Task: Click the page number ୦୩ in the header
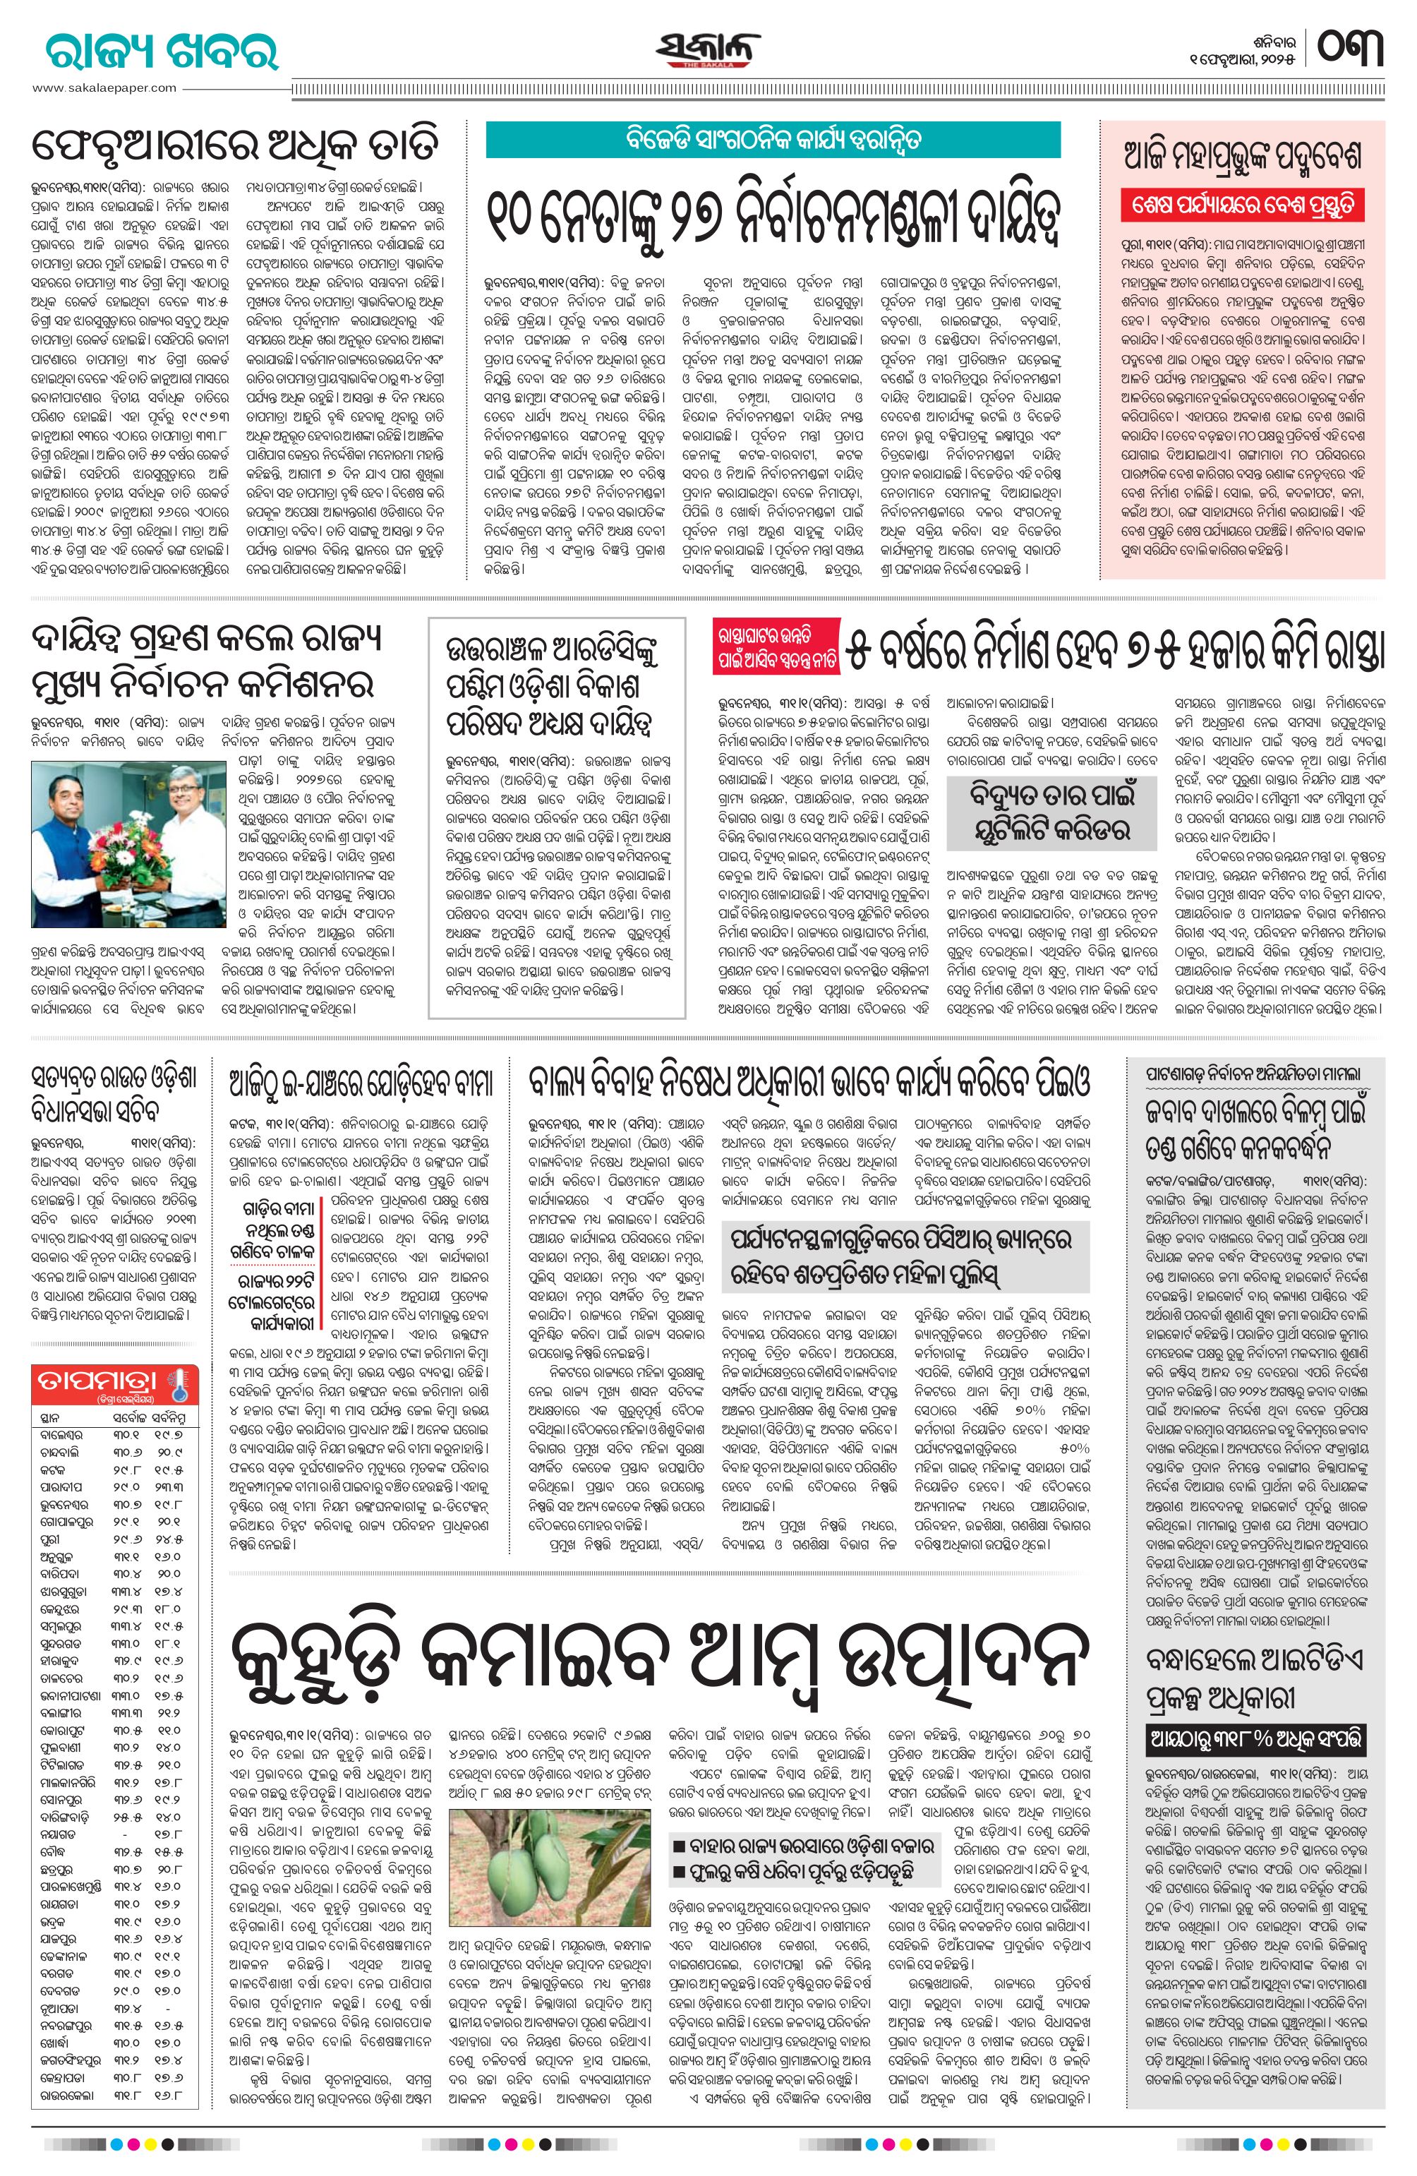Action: (x=1351, y=49)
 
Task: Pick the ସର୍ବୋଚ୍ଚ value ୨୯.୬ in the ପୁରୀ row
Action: (x=127, y=1539)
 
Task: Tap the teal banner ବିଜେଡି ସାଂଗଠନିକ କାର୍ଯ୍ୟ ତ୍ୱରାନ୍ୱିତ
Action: (x=773, y=140)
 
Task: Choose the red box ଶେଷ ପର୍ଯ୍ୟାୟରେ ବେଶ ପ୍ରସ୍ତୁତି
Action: (x=1243, y=204)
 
